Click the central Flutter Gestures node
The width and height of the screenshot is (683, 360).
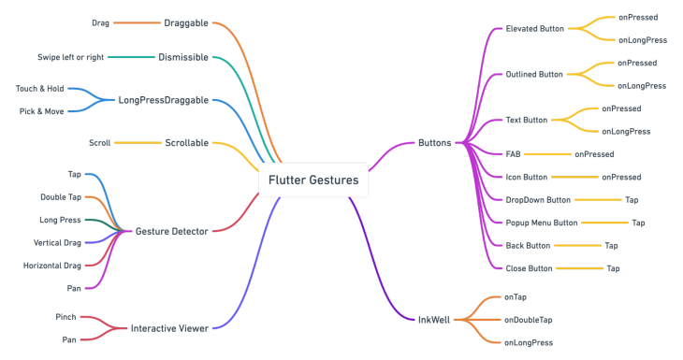click(313, 180)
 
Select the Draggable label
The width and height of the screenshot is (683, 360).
click(186, 22)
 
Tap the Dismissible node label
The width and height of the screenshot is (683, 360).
click(184, 57)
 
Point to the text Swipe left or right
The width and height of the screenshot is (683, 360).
click(70, 57)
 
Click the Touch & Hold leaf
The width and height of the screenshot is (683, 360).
click(39, 88)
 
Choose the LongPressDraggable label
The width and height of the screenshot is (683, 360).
click(163, 100)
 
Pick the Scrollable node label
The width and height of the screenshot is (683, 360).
click(186, 143)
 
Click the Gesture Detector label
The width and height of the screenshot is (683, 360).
click(172, 230)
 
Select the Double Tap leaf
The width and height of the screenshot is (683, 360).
click(61, 197)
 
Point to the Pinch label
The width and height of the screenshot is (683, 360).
click(65, 317)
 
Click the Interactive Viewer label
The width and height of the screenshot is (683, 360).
click(168, 328)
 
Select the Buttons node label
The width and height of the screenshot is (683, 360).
click(434, 143)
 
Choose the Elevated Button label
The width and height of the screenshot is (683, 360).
click(534, 28)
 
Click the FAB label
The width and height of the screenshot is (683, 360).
click(513, 153)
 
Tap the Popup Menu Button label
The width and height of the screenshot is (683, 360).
click(542, 223)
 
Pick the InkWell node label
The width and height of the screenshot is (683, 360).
click(434, 319)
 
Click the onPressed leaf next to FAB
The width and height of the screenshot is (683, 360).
click(594, 153)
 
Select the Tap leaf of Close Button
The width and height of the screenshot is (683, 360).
click(613, 268)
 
